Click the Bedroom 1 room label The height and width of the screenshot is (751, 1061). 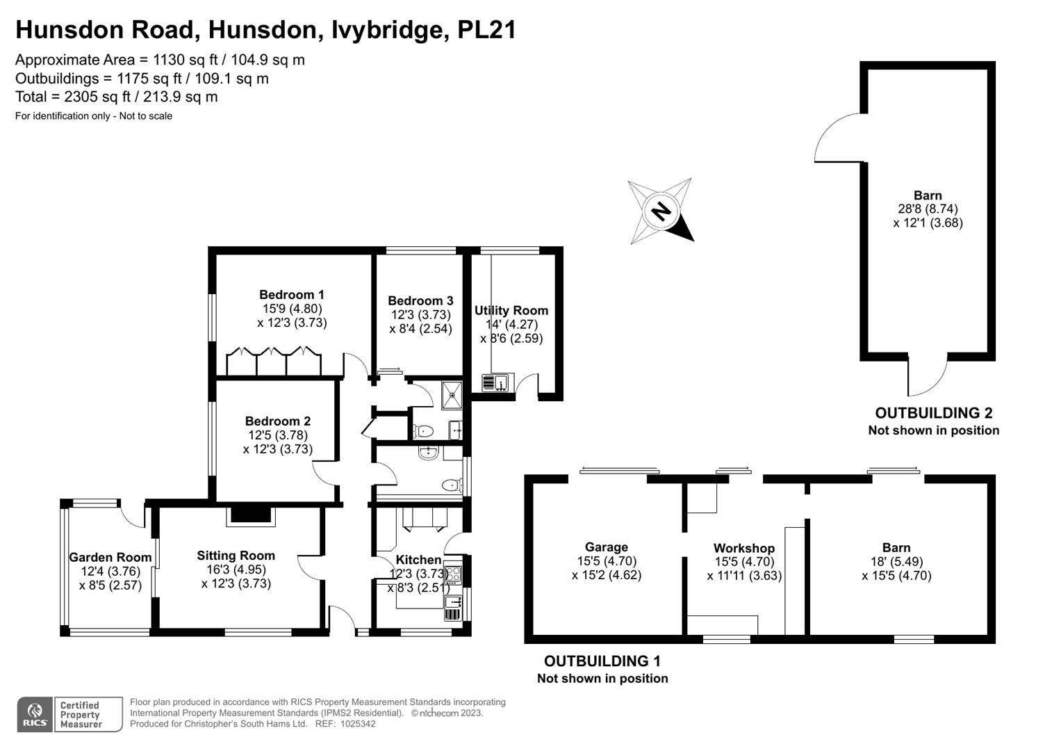(291, 295)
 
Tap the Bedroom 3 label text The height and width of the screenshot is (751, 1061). (420, 300)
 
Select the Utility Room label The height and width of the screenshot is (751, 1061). (511, 310)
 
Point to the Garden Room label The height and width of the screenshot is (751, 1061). (110, 557)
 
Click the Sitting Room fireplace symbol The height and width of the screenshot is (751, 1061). (251, 515)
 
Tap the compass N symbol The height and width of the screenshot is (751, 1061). (661, 211)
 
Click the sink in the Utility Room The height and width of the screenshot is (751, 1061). (497, 382)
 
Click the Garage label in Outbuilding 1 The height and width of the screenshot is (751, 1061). (606, 547)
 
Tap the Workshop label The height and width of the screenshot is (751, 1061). (743, 548)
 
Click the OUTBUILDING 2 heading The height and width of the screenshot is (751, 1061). (933, 413)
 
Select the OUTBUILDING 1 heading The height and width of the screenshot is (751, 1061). (602, 661)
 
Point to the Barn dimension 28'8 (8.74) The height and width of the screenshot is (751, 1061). (928, 209)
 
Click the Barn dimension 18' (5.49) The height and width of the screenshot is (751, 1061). (896, 562)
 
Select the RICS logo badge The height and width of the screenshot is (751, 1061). (33, 714)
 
